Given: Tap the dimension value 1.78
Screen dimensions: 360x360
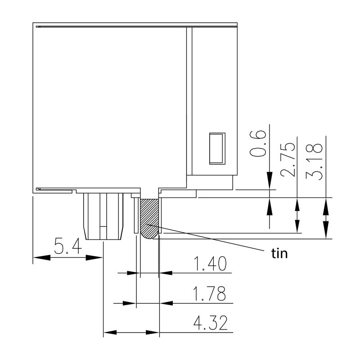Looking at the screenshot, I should coord(210,294).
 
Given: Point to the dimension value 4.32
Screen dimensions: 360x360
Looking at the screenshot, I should coord(210,324).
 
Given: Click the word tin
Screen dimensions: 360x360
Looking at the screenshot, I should coord(279,254).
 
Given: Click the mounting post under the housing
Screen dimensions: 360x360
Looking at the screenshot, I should coord(103,216).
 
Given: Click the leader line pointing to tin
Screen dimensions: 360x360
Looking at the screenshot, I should coord(211,239).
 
